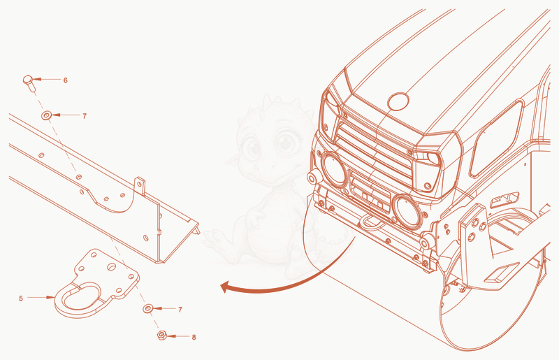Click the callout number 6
65,80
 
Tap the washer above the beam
46,115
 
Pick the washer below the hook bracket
148,308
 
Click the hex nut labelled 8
162,335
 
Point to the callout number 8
194,337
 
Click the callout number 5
21,298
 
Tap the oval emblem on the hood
398,101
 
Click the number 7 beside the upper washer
85,116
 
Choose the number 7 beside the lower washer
180,310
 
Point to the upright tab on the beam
140,186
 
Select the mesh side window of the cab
496,138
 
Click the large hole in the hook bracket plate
112,266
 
